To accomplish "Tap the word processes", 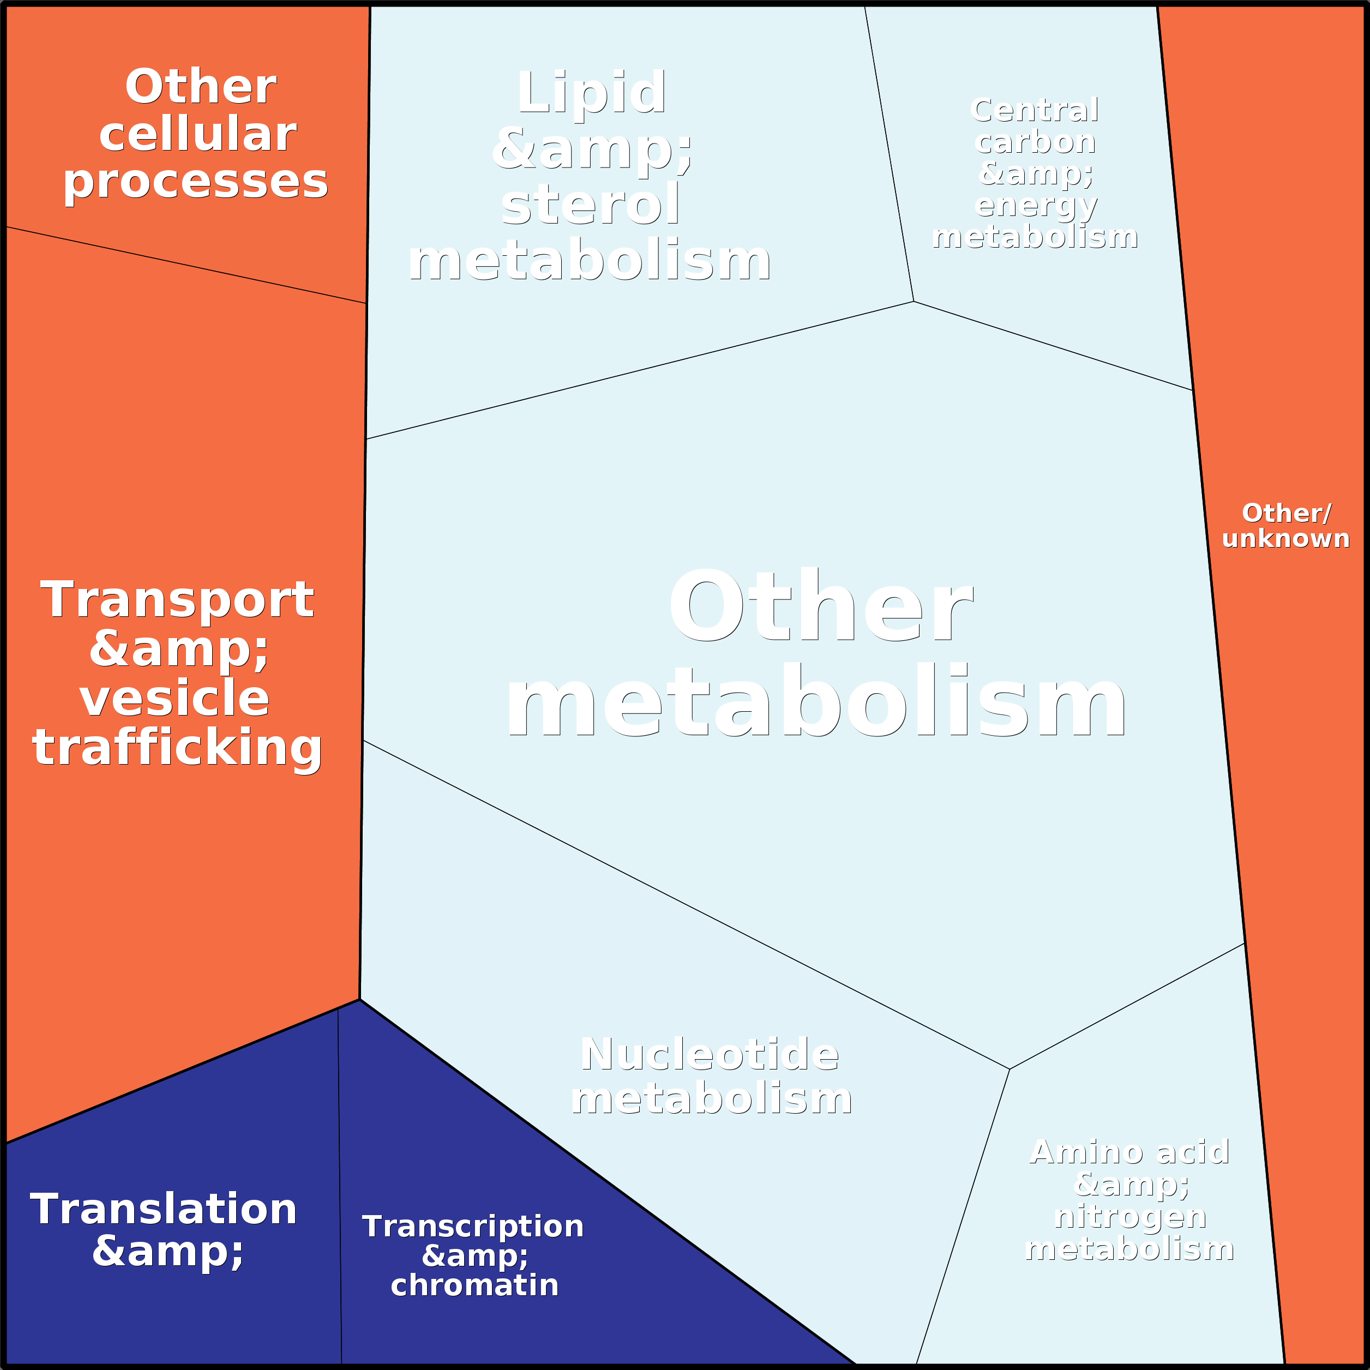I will (196, 182).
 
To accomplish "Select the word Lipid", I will (591, 92).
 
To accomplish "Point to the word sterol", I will (591, 204).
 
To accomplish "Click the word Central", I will (1035, 111).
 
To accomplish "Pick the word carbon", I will (1035, 142).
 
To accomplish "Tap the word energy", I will (1036, 206).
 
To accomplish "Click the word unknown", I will (1285, 538).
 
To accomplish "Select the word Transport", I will (177, 600).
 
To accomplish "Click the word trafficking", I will (177, 747).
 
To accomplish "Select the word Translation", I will (163, 1209).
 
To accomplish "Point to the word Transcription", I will (473, 1226).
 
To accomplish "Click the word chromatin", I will (474, 1285).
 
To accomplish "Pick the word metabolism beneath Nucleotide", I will (711, 1098).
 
